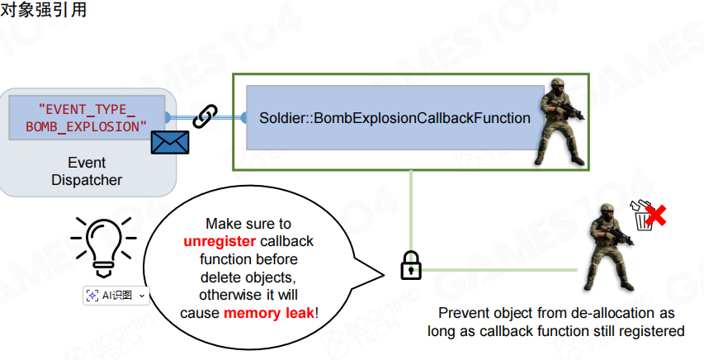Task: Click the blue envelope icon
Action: tap(170, 142)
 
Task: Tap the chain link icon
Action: tap(205, 116)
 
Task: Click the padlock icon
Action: tap(410, 265)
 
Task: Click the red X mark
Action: tap(656, 216)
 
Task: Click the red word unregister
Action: tap(220, 240)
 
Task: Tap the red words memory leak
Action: tap(268, 313)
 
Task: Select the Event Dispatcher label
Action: tap(87, 171)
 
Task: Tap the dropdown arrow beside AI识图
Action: tap(142, 295)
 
